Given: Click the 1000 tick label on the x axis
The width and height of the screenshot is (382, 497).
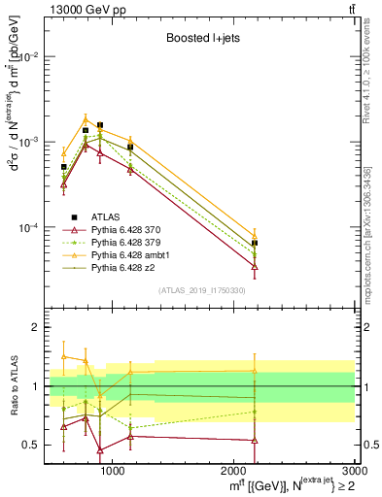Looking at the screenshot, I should pos(113,472).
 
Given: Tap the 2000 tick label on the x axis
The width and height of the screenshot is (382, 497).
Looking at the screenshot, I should pos(234,472).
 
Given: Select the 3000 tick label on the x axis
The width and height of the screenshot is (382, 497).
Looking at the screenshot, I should pos(354,472).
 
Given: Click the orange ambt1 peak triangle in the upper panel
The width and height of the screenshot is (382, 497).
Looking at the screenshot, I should pos(86,119).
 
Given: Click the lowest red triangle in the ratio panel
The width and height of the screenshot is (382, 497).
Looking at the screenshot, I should pos(100,450).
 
